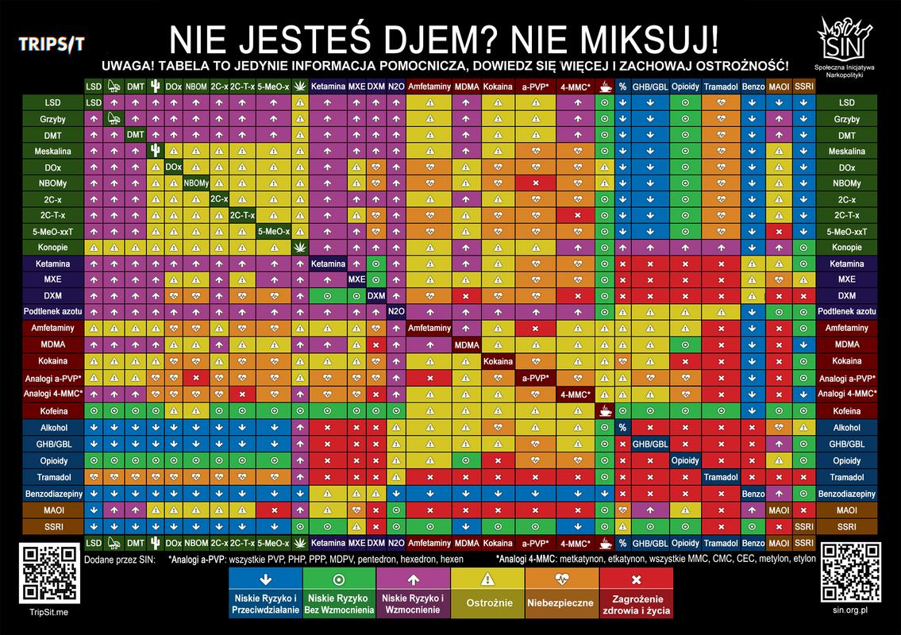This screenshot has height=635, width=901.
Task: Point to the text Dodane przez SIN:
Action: coord(120,559)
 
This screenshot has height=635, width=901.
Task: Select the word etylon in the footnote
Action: coord(803,559)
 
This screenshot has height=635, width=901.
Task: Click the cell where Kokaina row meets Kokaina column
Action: coord(497,361)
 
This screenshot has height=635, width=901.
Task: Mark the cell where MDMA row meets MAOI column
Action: coord(779,344)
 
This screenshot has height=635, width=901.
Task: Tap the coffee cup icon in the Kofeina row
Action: coord(606,411)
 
